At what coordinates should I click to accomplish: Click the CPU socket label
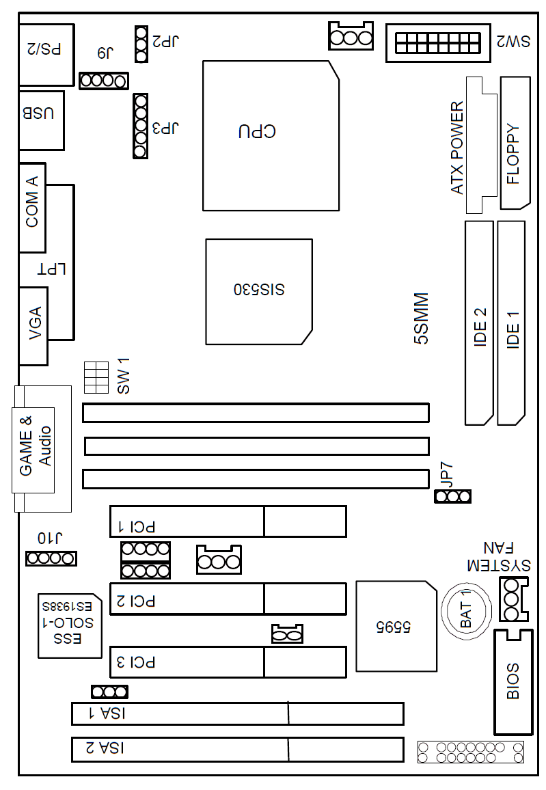click(x=257, y=131)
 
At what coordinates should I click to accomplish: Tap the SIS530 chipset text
click(x=259, y=289)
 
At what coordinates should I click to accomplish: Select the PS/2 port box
click(x=46, y=55)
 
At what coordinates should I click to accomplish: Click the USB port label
click(x=38, y=113)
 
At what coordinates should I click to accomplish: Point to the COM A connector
click(x=32, y=208)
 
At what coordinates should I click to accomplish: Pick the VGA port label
click(x=36, y=323)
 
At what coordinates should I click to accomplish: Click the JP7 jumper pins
click(x=452, y=497)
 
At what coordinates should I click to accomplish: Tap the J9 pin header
click(x=104, y=81)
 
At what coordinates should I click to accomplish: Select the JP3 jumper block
click(x=141, y=126)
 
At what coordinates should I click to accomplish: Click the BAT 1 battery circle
click(x=466, y=611)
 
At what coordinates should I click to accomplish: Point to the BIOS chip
click(x=513, y=681)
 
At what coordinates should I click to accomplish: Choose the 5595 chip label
click(x=394, y=627)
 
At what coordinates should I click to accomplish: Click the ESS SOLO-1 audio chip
click(x=70, y=626)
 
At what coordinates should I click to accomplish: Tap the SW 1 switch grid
click(x=96, y=377)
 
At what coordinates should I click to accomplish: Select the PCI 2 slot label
click(x=136, y=601)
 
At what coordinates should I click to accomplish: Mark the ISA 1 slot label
click(x=107, y=713)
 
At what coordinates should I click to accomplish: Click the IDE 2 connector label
click(x=480, y=327)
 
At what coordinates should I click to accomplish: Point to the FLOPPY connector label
click(x=513, y=154)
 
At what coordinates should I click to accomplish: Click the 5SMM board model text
click(x=421, y=318)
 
